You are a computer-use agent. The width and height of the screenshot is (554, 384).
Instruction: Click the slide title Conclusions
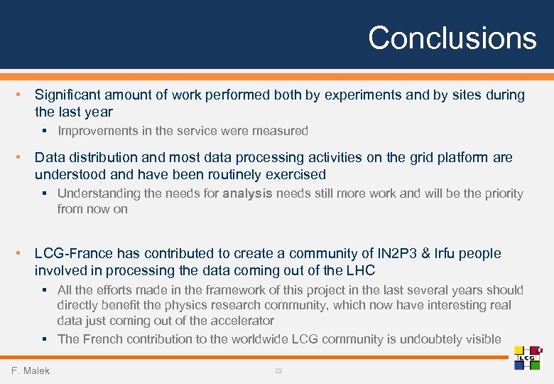(452, 38)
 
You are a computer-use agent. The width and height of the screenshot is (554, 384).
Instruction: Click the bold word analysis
(247, 193)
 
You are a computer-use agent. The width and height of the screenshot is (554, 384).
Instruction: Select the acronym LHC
(359, 271)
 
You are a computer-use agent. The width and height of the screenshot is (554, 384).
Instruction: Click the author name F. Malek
(31, 370)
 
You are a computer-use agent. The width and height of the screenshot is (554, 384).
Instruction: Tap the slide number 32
(278, 370)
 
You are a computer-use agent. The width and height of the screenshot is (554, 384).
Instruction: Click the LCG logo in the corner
(527, 358)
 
